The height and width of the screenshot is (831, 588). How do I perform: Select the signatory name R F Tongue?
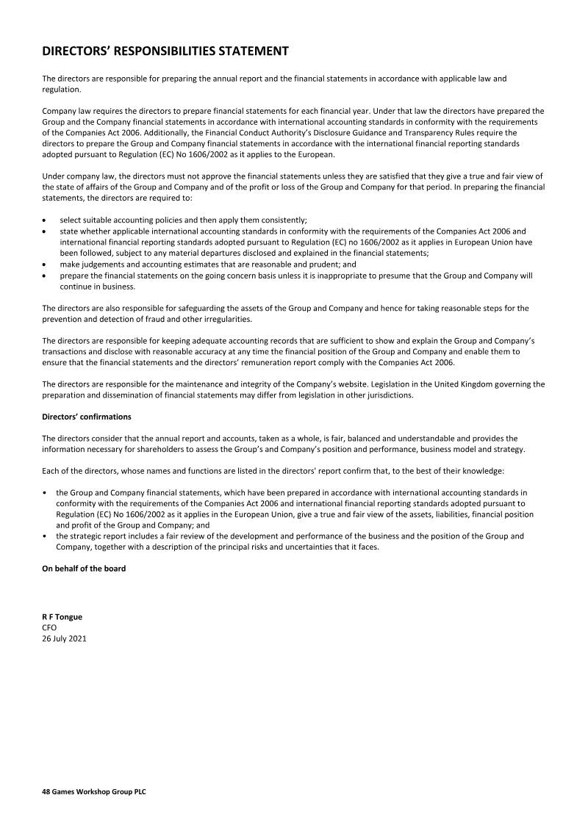pos(62,617)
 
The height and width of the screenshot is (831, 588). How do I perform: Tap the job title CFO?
pos(49,628)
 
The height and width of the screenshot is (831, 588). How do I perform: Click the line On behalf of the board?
pos(84,568)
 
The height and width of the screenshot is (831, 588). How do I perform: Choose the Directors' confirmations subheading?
pos(87,417)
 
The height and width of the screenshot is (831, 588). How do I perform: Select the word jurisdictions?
pos(392,395)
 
